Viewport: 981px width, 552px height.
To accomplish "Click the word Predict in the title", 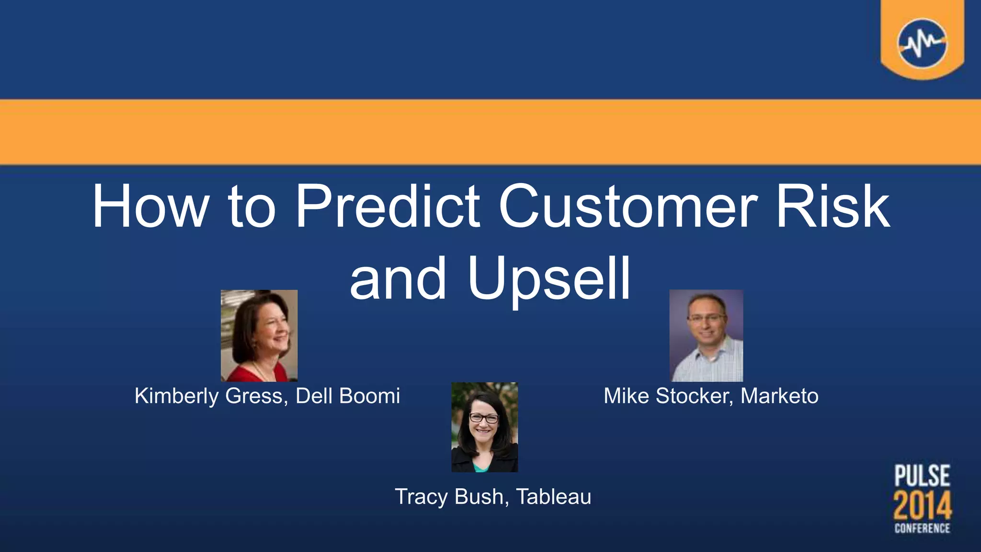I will pos(387,207).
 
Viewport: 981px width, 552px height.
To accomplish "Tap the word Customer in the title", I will pos(628,207).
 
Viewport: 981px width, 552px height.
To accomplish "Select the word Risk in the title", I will pos(833,207).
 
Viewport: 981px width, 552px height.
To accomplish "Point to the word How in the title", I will pos(150,207).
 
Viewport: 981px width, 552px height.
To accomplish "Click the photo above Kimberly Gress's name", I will pos(259,335).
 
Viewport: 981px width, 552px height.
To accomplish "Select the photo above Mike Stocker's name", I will pos(706,335).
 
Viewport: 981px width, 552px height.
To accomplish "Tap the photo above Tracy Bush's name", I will pos(485,427).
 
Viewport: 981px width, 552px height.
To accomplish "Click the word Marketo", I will pos(779,396).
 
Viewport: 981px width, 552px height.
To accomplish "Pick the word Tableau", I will pos(554,497).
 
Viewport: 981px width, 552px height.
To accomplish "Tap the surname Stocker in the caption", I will pos(695,396).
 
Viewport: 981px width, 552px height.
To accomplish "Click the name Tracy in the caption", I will pos(421,497).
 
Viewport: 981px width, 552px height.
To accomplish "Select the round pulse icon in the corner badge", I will pos(922,44).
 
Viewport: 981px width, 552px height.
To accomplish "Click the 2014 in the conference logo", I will pos(922,506).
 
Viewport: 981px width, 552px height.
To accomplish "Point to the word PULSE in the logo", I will pos(922,476).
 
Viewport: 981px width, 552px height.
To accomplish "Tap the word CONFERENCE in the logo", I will pos(922,528).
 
